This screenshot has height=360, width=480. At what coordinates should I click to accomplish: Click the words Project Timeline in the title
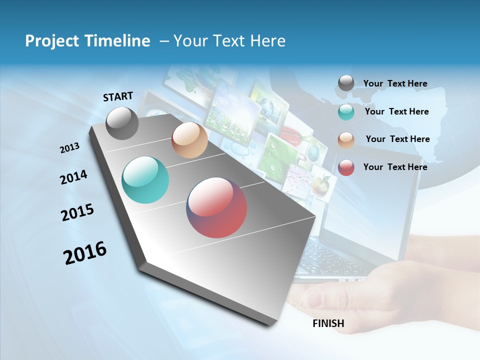87,41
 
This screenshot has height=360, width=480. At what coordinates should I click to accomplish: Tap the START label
118,96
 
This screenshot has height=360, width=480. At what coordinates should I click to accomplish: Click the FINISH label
328,323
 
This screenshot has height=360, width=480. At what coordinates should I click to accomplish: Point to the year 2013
69,148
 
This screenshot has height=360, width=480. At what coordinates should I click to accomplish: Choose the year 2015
77,212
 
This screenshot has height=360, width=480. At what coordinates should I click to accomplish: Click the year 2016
85,252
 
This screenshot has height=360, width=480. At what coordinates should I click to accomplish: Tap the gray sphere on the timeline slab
122,123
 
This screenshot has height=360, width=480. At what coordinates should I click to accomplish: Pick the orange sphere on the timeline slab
189,140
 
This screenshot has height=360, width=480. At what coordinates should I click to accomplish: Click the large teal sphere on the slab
145,180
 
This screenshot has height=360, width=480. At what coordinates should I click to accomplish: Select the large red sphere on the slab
216,207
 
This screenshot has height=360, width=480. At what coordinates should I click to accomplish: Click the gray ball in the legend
346,83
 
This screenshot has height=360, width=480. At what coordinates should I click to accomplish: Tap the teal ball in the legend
346,112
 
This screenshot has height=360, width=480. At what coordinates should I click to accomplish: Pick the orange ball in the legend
346,140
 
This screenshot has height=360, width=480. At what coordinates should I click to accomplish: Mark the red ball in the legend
346,167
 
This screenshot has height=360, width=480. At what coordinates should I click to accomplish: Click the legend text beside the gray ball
395,84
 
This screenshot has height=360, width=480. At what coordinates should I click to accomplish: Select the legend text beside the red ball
395,167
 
